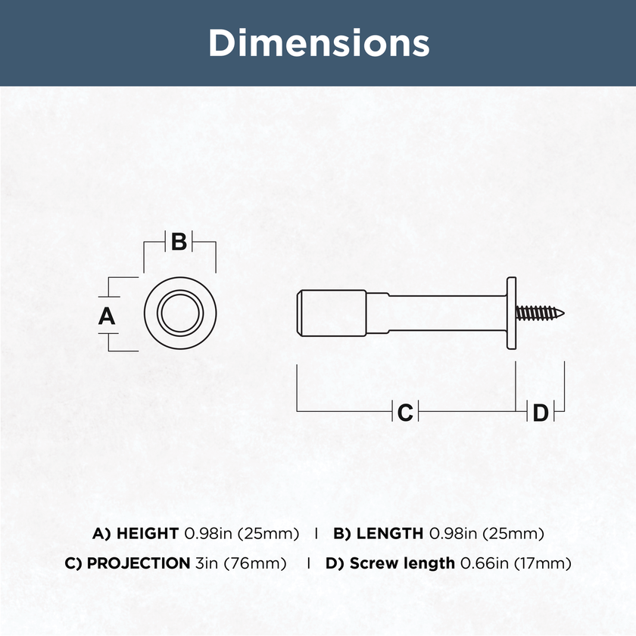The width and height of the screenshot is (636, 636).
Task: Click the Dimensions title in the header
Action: (x=319, y=43)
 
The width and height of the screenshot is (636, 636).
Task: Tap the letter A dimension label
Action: (x=107, y=316)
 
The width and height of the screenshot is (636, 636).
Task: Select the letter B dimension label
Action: (x=179, y=242)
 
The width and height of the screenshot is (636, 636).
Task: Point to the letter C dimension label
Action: (x=405, y=413)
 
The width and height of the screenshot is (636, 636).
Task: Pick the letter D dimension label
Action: (x=541, y=413)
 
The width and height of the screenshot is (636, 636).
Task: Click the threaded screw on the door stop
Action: (x=540, y=313)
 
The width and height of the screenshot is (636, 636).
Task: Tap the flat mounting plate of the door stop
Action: (x=512, y=313)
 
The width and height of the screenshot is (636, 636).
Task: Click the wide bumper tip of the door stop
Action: (x=332, y=313)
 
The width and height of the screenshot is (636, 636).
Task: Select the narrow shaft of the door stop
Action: (x=437, y=313)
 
